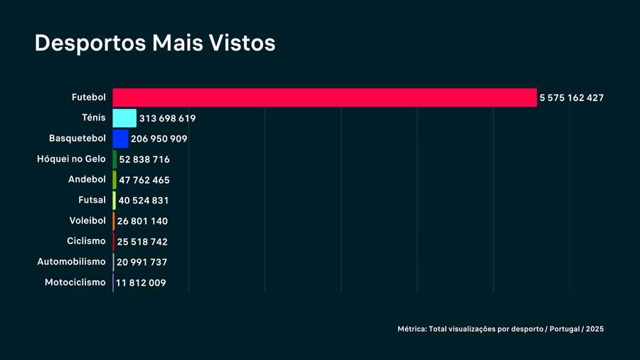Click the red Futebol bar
(324, 97)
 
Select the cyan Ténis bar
(124, 118)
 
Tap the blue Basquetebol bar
(120, 139)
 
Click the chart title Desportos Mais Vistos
(155, 43)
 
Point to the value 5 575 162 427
(571, 97)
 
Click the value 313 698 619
(167, 118)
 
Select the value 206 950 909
(159, 139)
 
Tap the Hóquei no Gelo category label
(71, 159)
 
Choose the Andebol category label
(87, 179)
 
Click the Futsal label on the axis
(92, 200)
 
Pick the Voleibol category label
(87, 221)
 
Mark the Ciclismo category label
(86, 241)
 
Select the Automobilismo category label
(71, 262)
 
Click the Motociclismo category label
(75, 282)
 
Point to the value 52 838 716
(144, 159)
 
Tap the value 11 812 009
(141, 283)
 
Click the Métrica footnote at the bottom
(501, 329)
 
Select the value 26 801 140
(142, 221)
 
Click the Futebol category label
(89, 97)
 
